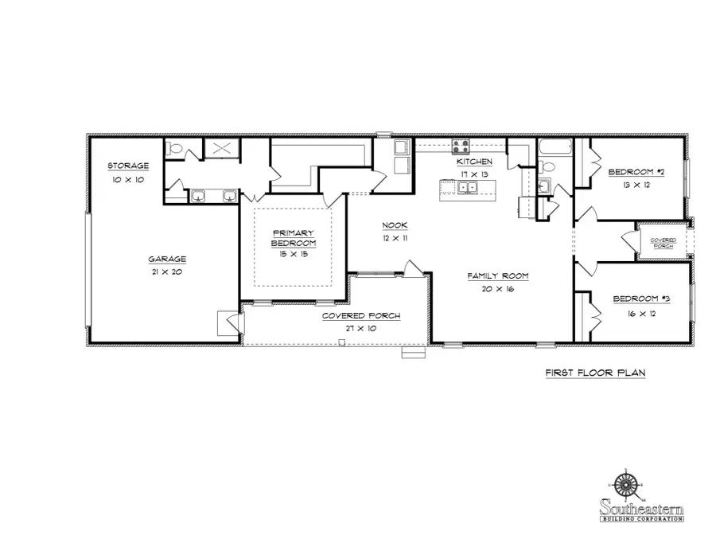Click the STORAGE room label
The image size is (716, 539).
tap(128, 166)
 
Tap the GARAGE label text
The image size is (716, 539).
tap(167, 259)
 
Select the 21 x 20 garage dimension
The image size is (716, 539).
tap(167, 272)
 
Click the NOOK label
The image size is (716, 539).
tap(395, 225)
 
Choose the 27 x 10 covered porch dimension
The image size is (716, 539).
tap(360, 328)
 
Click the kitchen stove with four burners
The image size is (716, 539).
tap(461, 146)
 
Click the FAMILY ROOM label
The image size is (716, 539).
tap(498, 275)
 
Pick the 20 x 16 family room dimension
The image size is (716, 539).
tap(498, 289)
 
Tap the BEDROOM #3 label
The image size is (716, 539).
tap(641, 299)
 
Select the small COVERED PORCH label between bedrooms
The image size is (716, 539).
tap(663, 243)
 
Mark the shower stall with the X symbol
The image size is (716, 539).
tap(222, 148)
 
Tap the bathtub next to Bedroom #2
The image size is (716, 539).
tap(555, 147)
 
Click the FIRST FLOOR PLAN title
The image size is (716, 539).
tap(594, 373)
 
